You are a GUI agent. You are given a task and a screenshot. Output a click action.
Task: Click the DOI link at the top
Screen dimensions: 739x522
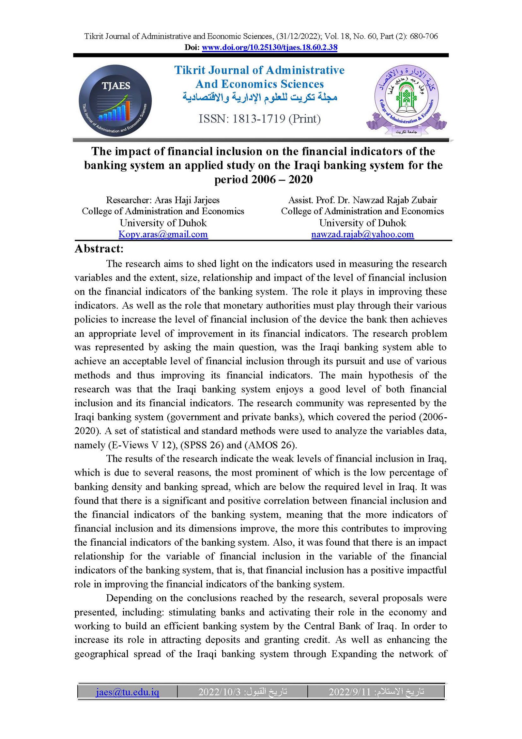[269, 47]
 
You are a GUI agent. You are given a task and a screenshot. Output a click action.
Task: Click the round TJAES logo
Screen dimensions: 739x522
[115, 100]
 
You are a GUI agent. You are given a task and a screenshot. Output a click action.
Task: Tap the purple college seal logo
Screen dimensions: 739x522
[406, 100]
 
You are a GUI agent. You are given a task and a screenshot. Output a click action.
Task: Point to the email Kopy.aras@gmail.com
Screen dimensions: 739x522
[163, 234]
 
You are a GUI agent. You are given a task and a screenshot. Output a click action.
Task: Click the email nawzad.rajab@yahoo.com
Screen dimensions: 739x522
[362, 234]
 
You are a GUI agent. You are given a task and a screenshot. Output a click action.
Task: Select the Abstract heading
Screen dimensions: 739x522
[99, 249]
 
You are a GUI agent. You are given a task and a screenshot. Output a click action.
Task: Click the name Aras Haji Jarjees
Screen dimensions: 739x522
[187, 200]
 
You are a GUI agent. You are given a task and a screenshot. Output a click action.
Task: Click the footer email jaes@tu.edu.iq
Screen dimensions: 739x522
[127, 692]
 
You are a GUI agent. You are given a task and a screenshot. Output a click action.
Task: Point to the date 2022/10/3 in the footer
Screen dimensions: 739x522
[219, 692]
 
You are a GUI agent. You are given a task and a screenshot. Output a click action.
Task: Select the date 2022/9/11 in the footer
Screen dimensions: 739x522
[350, 692]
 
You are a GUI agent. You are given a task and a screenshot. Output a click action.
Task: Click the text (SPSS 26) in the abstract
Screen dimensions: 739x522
[201, 445]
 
